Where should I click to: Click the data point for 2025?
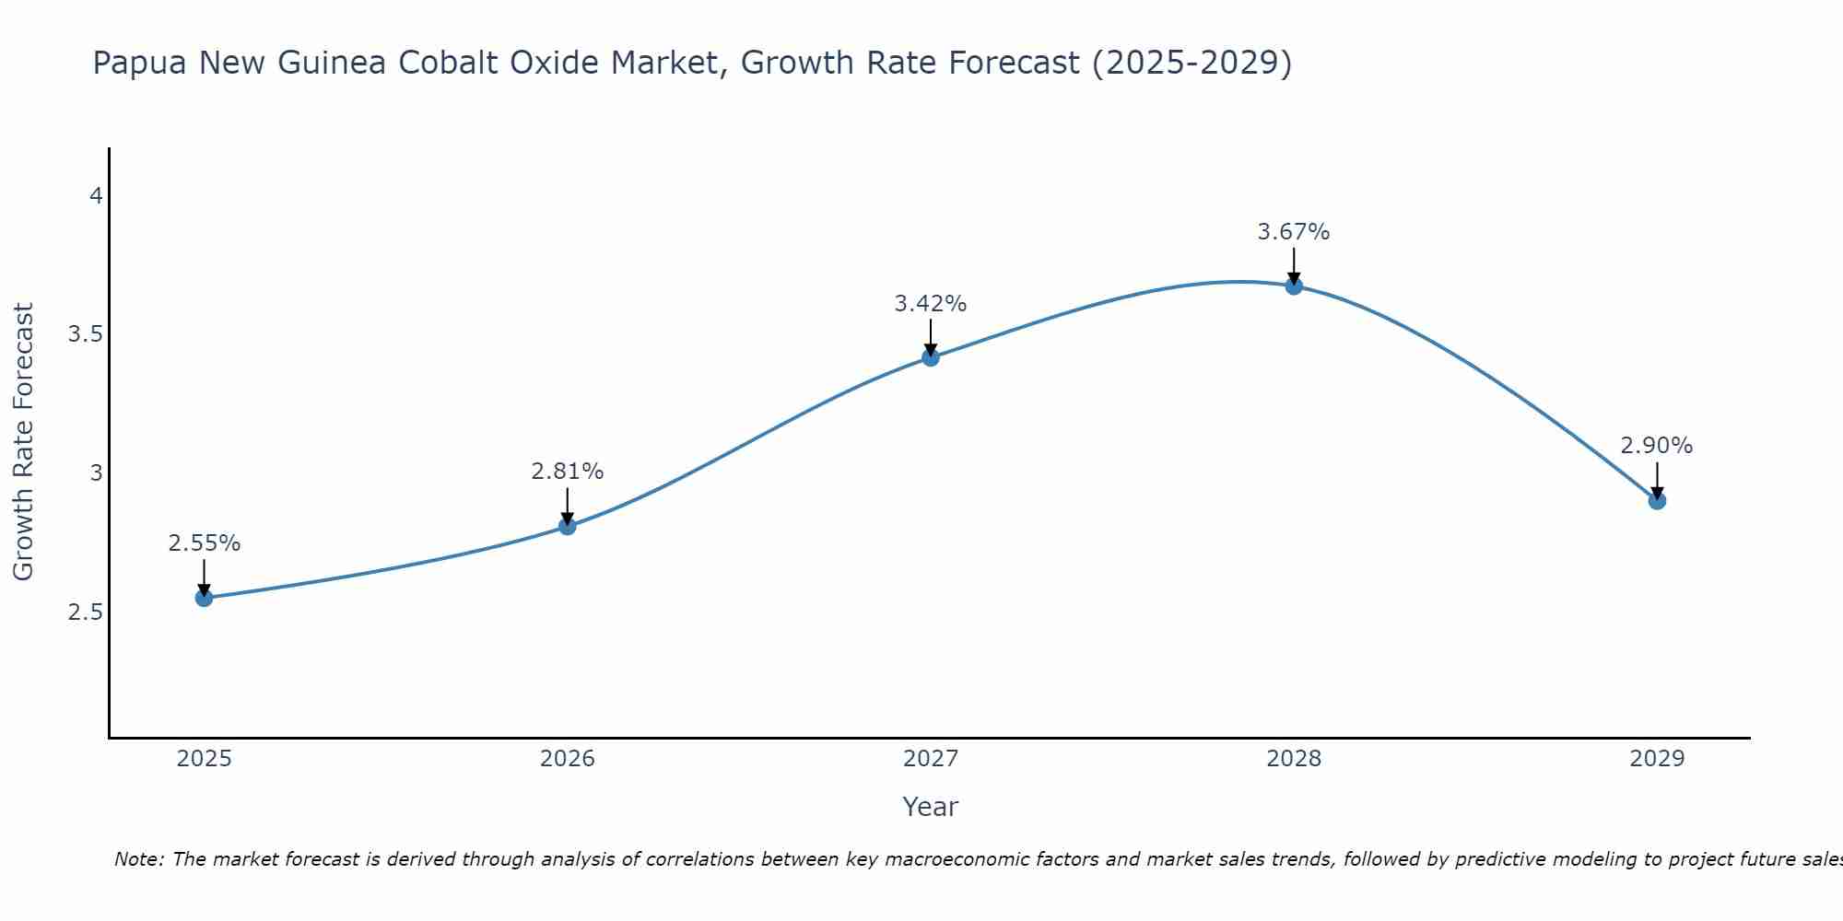[204, 598]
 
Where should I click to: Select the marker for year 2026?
[567, 526]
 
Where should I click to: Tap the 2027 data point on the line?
[930, 357]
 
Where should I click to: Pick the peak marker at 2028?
[1293, 286]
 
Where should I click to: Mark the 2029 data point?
[1656, 501]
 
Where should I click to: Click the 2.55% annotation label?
[204, 543]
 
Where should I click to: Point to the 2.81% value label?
[567, 472]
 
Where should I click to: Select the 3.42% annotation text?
[930, 303]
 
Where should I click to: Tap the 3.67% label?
[1293, 232]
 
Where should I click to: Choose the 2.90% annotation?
[1656, 446]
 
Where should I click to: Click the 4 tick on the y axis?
[95, 195]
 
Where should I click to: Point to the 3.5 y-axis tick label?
[85, 334]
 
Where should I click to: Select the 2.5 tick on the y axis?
[85, 612]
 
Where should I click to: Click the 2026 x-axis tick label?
[567, 759]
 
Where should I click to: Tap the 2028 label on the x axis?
[1293, 759]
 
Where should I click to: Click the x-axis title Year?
[930, 807]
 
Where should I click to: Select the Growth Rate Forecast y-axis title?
[23, 442]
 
